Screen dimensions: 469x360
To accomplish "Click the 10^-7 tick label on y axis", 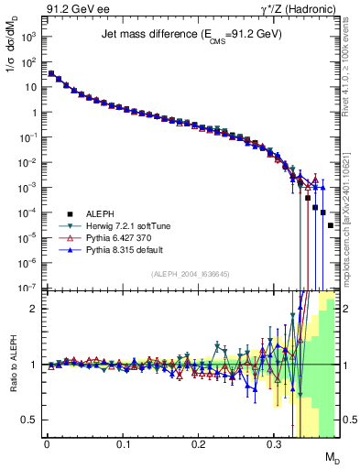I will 27,288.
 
